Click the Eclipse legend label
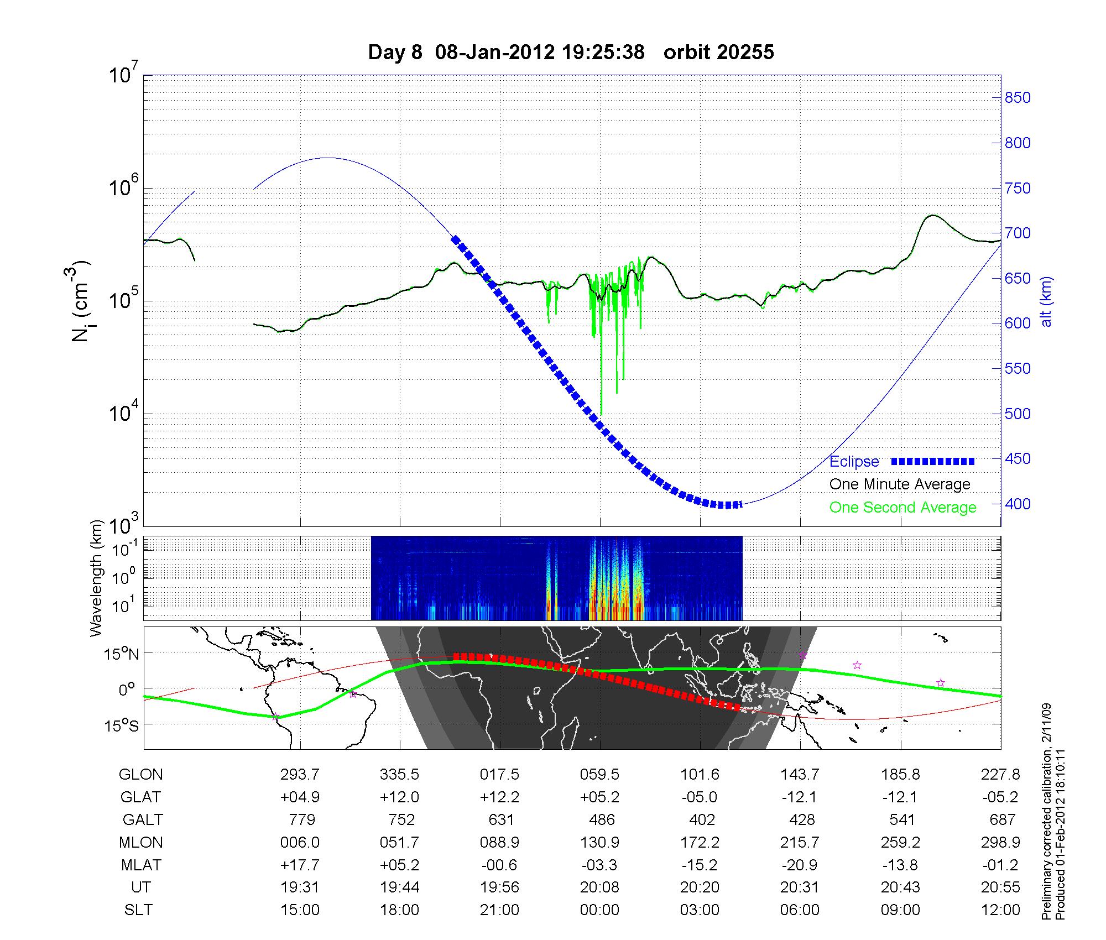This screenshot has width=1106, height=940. (x=854, y=461)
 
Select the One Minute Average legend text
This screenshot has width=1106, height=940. (x=900, y=484)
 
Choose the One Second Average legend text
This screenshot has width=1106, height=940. (x=902, y=507)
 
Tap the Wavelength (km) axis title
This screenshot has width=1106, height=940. (x=97, y=578)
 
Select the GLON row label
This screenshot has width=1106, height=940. (x=140, y=775)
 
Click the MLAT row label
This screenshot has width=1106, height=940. (x=140, y=865)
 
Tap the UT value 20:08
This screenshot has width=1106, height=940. (x=600, y=887)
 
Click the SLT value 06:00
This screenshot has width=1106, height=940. (x=800, y=910)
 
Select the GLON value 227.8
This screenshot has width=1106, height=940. (x=1000, y=775)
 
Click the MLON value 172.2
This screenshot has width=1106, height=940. (x=700, y=842)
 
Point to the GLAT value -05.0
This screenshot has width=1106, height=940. (x=700, y=797)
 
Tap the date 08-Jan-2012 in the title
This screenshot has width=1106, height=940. (x=494, y=52)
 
